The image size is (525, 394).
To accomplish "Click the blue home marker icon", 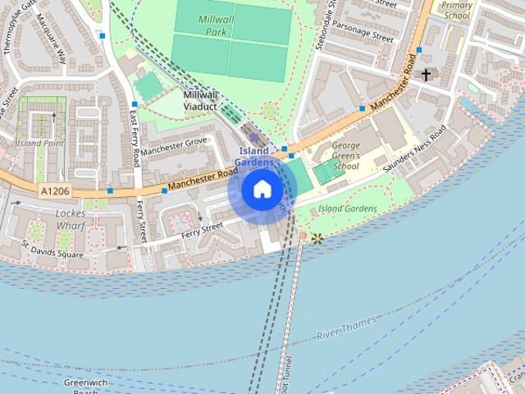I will coord(262,190).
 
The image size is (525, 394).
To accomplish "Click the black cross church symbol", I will coord(426,76).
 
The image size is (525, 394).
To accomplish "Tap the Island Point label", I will coord(39,143).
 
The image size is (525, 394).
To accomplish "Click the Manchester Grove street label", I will coord(174,147).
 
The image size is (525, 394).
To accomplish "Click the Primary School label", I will coord(457,9).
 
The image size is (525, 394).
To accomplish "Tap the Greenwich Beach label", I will coord(82,387).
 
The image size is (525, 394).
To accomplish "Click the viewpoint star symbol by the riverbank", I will coord(316,237).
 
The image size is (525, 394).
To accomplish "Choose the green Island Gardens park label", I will coord(348,208).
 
